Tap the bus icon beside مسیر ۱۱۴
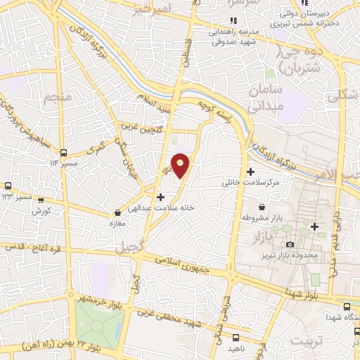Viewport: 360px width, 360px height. (64, 153)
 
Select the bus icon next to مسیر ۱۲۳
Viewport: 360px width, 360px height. (7, 186)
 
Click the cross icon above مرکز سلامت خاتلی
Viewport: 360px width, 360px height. (251, 172)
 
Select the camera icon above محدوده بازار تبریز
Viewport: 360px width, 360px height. (290, 244)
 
